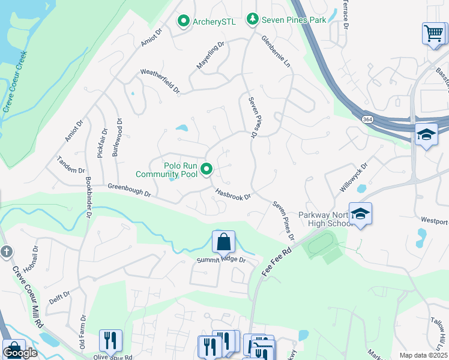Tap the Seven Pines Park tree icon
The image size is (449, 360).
point(253,20)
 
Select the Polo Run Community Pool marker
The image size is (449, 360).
point(207,170)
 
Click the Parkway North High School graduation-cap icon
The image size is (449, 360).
point(360,213)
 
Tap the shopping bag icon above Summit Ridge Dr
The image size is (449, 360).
point(223,242)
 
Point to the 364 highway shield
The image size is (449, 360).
point(366,119)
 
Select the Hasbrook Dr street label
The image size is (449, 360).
point(232,193)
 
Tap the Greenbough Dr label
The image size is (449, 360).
point(129,190)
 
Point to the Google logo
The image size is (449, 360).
point(20,353)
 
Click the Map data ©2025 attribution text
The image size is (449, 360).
point(423,355)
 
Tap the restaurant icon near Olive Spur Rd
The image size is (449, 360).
point(110,340)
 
